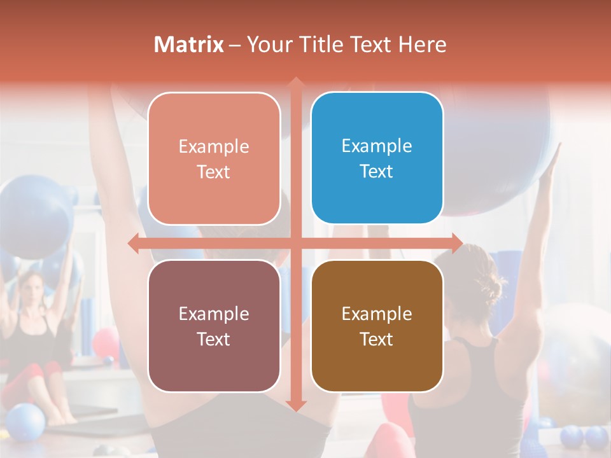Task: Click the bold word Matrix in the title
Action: (x=189, y=45)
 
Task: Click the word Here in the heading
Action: (x=423, y=45)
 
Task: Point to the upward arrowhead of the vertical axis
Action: (x=295, y=83)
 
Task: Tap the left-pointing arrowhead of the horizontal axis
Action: (x=134, y=243)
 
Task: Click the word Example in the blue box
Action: (x=377, y=146)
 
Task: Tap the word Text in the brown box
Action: (x=377, y=339)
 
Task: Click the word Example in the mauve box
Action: (x=214, y=314)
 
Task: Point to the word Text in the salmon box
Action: (x=214, y=172)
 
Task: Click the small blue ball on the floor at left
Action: (x=25, y=422)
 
